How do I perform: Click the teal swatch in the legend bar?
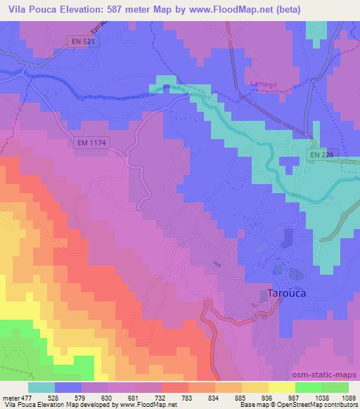(x=41, y=387)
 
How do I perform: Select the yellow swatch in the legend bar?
(x=282, y=387)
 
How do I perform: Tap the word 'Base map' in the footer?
(x=250, y=405)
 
